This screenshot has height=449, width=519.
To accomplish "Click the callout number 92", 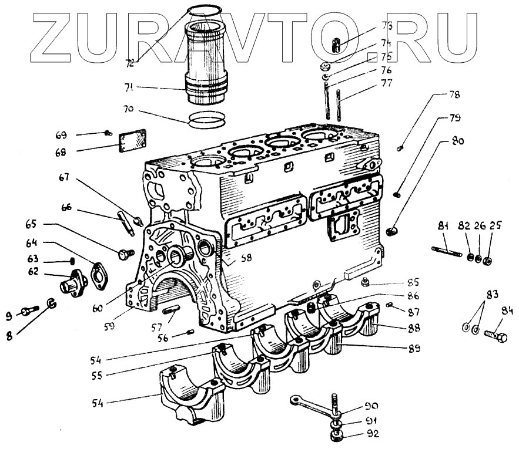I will pyautogui.click(x=373, y=434).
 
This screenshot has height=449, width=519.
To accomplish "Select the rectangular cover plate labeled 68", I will pyautogui.click(x=132, y=141).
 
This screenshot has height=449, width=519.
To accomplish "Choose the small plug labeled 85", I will pyautogui.click(x=365, y=283).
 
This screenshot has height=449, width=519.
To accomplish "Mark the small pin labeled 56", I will pyautogui.click(x=190, y=332).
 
